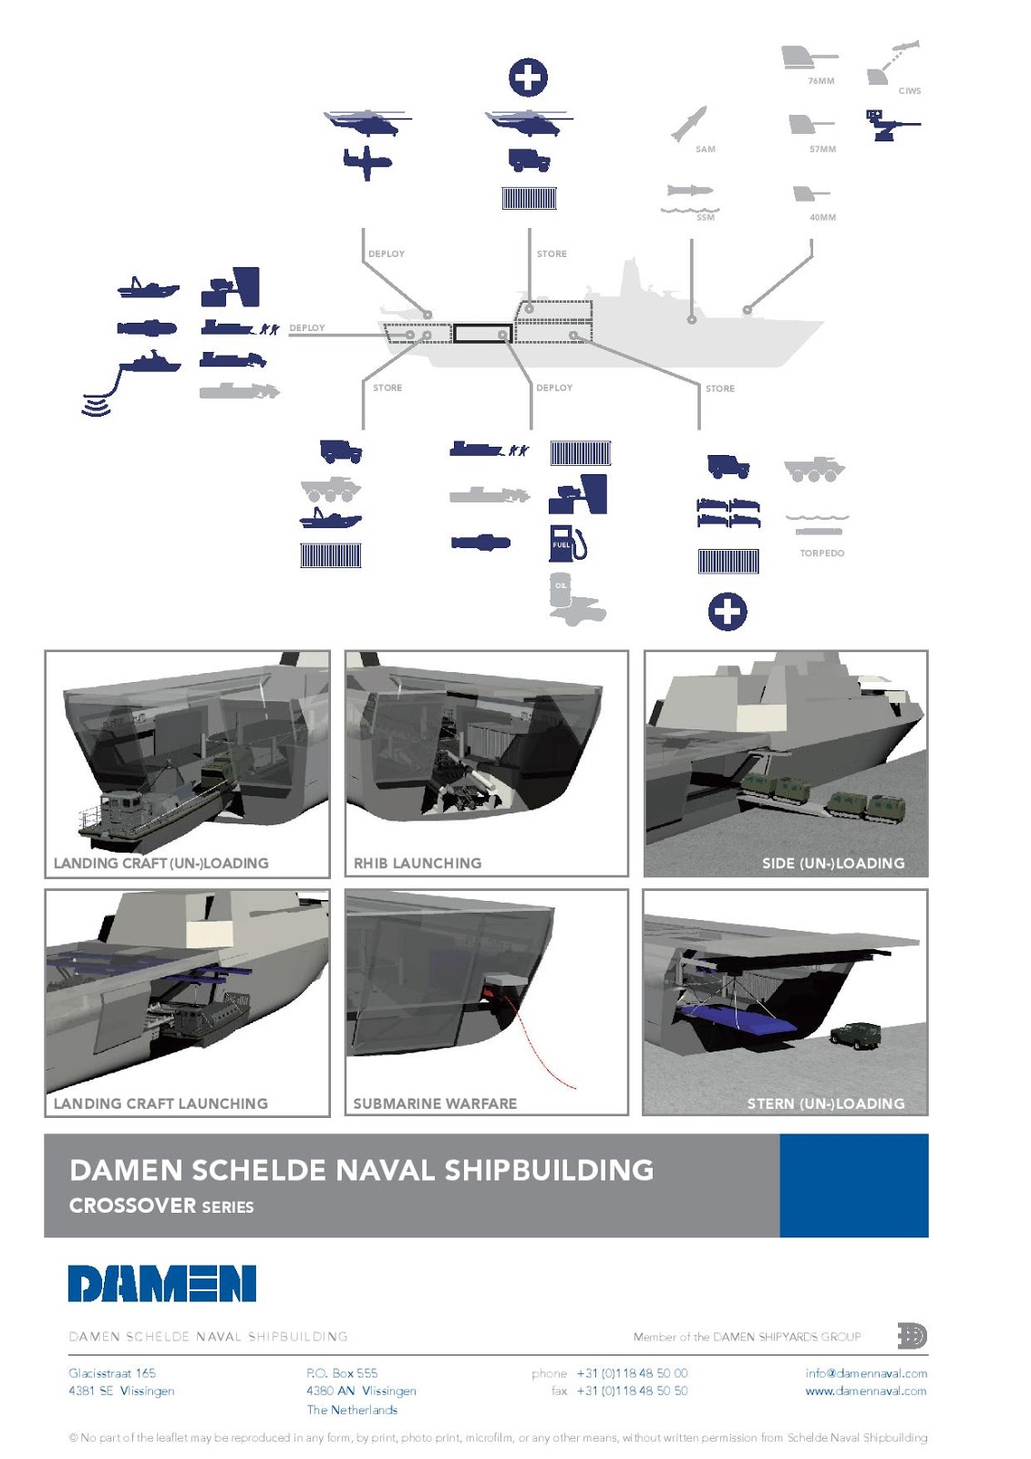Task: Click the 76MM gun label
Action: point(820,81)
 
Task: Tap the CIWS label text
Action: point(909,91)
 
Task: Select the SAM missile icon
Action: point(689,124)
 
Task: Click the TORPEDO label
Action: point(821,554)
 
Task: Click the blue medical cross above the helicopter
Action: point(528,78)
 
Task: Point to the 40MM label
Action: point(821,218)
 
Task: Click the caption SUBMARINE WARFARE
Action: point(435,1103)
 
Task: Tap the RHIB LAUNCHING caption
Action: point(418,863)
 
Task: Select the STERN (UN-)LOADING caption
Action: point(826,1103)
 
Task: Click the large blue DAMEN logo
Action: point(162,1283)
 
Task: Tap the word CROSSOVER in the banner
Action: point(133,1205)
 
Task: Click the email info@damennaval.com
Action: point(866,1373)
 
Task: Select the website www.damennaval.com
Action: point(865,1392)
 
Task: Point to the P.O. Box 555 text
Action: point(342,1373)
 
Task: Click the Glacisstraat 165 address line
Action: point(112,1373)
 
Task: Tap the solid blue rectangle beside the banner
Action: point(853,1185)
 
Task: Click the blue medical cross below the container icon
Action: point(727,612)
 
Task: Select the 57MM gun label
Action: point(821,150)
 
